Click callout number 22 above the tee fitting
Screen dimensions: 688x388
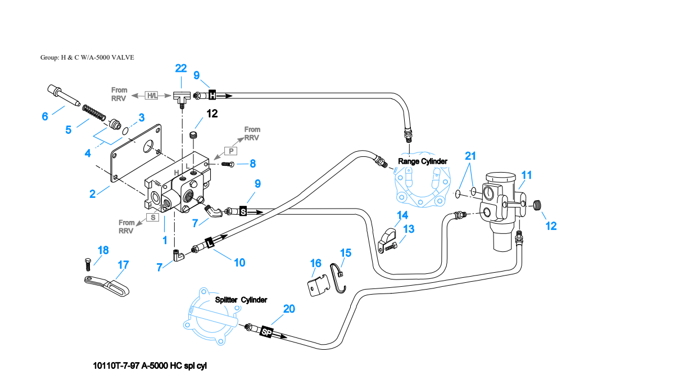[181, 68]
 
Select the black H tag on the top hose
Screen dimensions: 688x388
[212, 94]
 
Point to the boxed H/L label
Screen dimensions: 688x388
[152, 95]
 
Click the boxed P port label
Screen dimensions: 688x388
[231, 151]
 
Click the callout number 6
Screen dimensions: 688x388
[45, 116]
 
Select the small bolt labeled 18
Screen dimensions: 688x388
[88, 264]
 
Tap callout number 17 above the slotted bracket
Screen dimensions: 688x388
[123, 265]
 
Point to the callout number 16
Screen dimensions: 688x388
[316, 263]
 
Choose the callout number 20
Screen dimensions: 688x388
[289, 309]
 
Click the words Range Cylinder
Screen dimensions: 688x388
[423, 161]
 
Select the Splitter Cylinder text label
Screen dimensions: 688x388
[241, 300]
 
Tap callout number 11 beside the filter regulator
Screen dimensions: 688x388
[527, 175]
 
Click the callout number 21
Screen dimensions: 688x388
[470, 156]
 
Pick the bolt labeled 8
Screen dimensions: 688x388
[228, 164]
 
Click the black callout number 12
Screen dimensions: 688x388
[212, 114]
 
